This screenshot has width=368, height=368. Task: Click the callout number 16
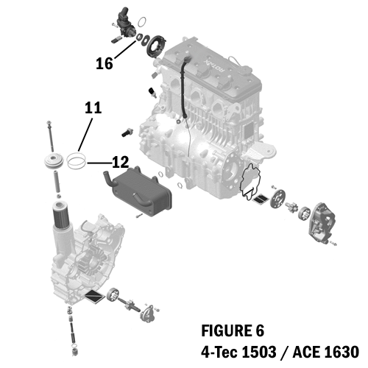[x=104, y=64]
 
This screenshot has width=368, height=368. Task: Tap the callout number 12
[x=121, y=160]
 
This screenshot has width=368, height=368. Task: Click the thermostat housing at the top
[x=123, y=21]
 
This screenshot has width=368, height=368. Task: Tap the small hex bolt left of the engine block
[x=127, y=132]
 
